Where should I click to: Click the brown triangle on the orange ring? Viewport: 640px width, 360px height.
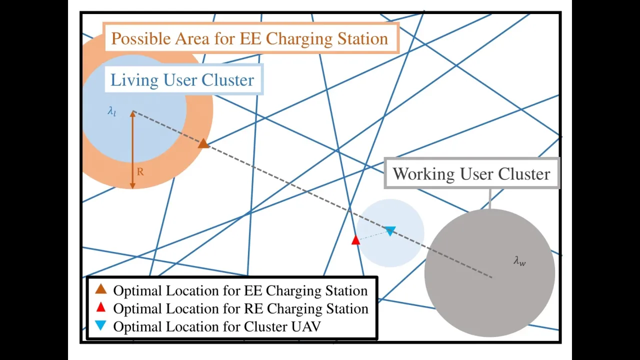point(203,144)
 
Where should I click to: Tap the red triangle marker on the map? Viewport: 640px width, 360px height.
point(355,240)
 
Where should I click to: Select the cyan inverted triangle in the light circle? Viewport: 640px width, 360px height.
point(390,230)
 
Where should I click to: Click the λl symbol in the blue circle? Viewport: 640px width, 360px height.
point(112,111)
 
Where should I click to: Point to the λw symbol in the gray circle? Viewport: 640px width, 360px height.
point(520,260)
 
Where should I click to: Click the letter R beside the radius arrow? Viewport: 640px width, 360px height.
point(140,171)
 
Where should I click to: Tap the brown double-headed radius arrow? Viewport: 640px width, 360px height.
point(132,150)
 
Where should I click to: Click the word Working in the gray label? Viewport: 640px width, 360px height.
point(423,174)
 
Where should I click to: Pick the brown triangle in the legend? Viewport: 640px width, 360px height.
point(101,289)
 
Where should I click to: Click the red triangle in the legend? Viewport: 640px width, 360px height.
point(101,307)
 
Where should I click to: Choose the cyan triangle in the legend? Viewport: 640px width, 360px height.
point(101,326)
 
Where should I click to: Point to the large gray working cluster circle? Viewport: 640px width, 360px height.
point(489,295)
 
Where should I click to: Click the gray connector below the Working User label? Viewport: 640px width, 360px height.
point(489,199)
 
